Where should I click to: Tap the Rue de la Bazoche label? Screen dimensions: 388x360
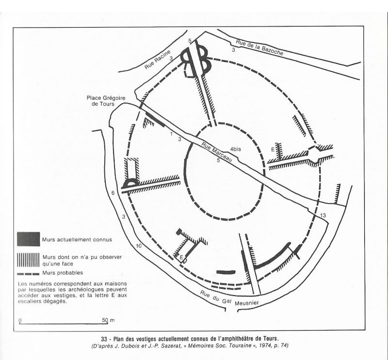(259, 47)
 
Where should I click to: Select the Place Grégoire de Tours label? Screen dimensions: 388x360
(106, 101)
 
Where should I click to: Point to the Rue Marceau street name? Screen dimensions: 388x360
(217, 152)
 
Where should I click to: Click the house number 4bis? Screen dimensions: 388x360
(235, 149)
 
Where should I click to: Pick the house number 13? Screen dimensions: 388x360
(323, 216)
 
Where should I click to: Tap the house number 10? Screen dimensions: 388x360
(139, 246)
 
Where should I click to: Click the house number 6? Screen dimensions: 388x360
(113, 193)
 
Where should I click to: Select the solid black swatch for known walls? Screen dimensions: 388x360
(29, 239)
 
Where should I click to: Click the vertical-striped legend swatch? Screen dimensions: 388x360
(28, 260)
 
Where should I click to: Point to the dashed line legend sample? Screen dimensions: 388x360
(28, 274)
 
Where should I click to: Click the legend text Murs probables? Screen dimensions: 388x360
(63, 273)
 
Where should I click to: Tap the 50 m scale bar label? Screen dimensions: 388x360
(108, 320)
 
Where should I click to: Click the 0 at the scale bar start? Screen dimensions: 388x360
(20, 320)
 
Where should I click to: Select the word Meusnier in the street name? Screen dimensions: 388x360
(247, 303)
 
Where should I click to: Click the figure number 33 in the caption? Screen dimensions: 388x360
(104, 338)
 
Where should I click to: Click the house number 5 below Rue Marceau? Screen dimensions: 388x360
(218, 160)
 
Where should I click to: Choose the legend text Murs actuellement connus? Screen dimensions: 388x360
(77, 239)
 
